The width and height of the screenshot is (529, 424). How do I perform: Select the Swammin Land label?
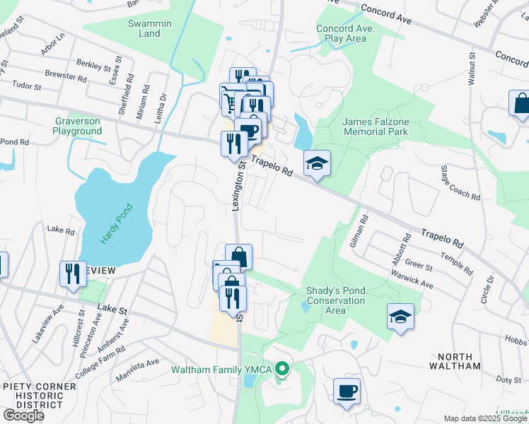(149, 28)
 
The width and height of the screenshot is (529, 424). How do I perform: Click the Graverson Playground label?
(78, 126)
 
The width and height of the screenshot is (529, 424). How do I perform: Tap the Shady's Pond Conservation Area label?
(335, 300)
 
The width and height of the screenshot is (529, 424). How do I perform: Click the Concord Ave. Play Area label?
(342, 33)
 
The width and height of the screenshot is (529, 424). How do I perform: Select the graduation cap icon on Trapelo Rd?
(317, 163)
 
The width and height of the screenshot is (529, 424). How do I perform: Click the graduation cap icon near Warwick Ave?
(400, 316)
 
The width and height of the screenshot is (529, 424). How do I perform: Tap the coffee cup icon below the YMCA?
(347, 391)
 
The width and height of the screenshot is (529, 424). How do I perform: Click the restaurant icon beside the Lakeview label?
(73, 273)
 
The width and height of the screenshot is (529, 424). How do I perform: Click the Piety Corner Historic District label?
(39, 392)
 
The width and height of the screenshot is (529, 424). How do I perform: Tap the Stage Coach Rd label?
(460, 182)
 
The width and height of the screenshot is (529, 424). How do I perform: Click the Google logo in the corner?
(23, 416)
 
